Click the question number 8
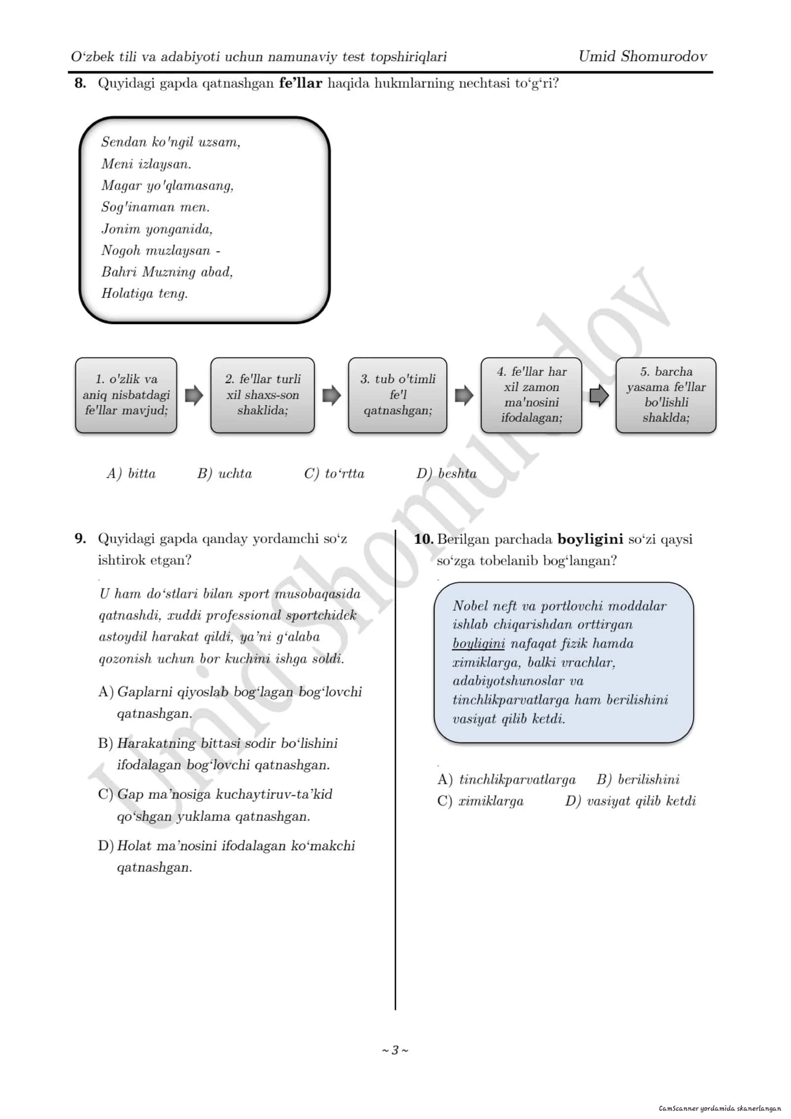(80, 83)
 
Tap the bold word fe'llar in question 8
(301, 83)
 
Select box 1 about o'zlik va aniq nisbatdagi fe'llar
(126, 395)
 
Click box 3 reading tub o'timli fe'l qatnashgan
(397, 395)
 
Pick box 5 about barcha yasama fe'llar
(666, 395)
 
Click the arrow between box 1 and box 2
(194, 395)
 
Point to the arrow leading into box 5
(599, 395)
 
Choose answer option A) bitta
(131, 473)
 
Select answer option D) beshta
(446, 473)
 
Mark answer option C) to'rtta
(334, 473)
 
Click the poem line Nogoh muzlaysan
(156, 251)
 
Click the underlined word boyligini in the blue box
(479, 644)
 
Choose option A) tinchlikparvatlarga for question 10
(507, 779)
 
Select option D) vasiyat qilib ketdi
(630, 801)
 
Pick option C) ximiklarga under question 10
(481, 801)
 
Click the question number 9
(80, 538)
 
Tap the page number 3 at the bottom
(395, 1050)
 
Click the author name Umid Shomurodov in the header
(643, 56)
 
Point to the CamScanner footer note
(720, 1108)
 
